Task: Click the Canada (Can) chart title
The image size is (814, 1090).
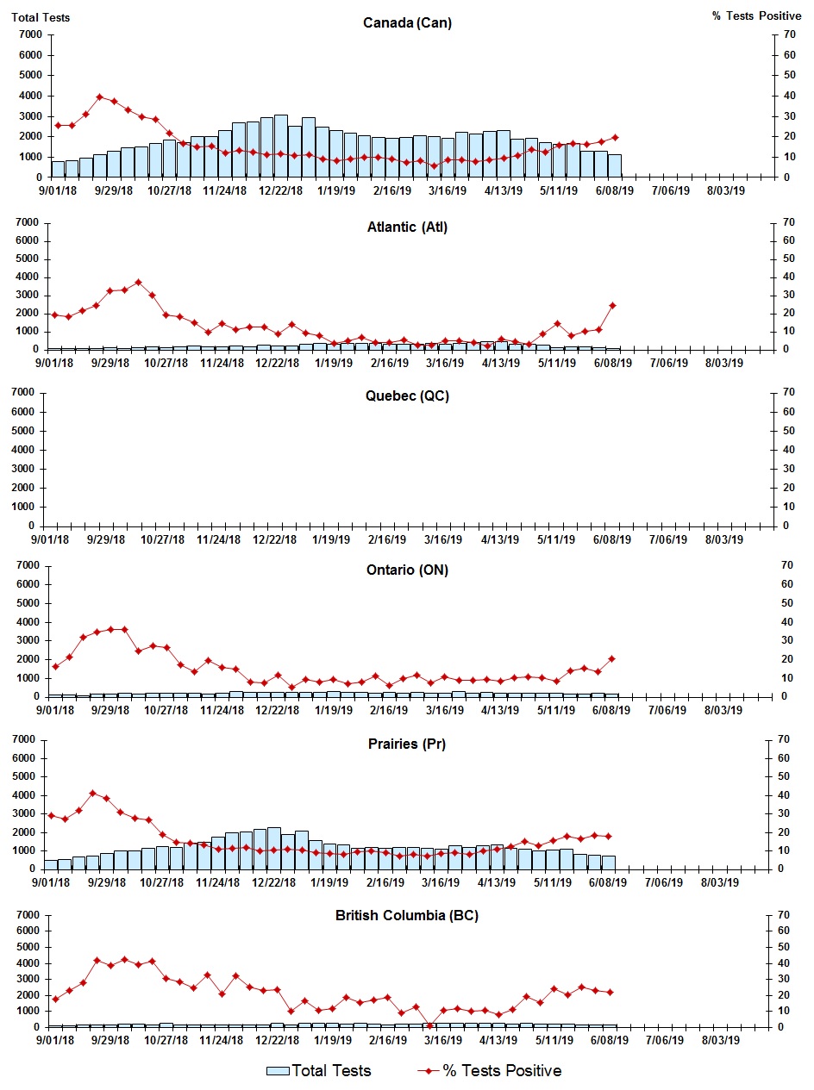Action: (x=407, y=23)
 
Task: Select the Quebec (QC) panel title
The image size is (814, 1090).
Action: (x=407, y=396)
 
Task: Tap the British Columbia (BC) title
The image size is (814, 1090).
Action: (x=407, y=915)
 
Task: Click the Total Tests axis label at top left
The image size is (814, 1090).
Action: (x=41, y=16)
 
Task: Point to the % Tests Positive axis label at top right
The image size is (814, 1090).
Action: (x=757, y=16)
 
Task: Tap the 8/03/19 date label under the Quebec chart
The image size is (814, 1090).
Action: (x=724, y=539)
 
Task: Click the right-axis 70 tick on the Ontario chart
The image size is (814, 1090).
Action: (x=786, y=565)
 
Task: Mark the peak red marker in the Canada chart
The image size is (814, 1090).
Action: (x=99, y=97)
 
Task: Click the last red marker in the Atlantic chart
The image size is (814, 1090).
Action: (x=612, y=305)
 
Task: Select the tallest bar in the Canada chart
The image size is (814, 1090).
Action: (x=281, y=146)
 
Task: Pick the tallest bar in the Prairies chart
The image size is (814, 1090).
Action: (x=274, y=848)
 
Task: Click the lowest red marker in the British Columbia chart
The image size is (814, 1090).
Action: (x=429, y=1025)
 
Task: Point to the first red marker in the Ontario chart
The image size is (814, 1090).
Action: (x=55, y=666)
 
